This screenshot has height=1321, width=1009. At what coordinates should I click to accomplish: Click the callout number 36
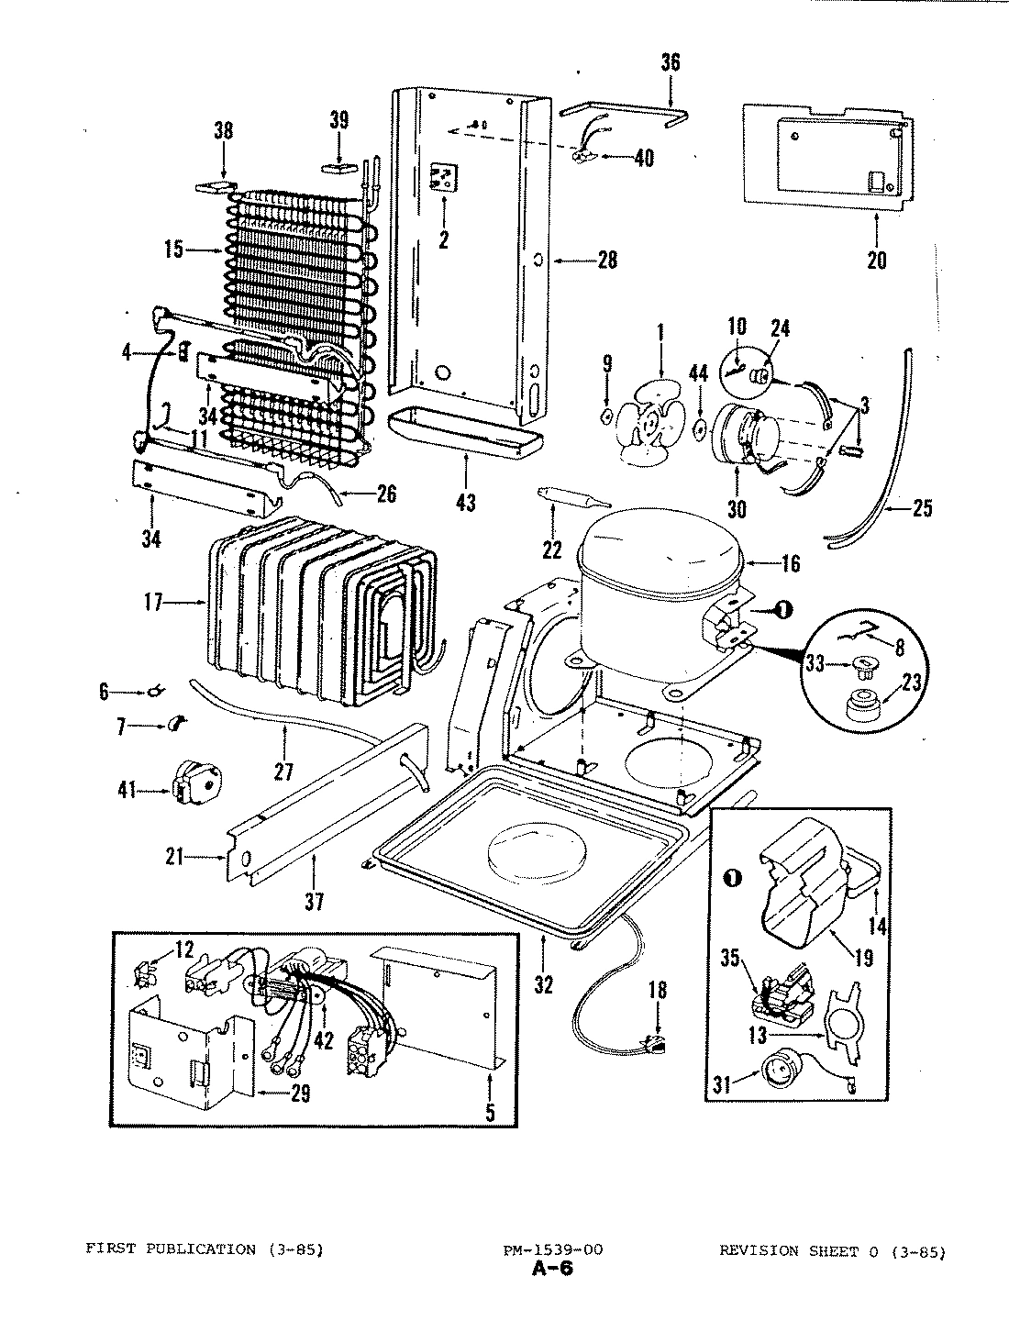tap(671, 62)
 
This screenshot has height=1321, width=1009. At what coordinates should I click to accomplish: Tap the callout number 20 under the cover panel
tap(876, 261)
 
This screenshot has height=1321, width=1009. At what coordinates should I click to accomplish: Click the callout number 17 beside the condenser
tap(152, 603)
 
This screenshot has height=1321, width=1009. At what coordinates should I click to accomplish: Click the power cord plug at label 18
tap(655, 1044)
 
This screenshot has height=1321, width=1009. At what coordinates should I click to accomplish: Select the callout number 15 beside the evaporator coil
tap(173, 250)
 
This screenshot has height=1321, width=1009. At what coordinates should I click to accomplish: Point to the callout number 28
tap(606, 261)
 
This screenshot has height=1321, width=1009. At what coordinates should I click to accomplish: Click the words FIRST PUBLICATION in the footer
tap(171, 1249)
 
